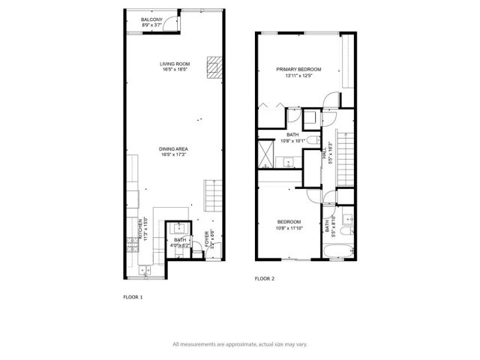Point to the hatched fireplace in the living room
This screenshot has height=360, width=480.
coord(215,69)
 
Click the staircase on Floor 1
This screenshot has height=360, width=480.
coord(213,196)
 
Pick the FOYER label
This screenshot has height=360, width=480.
coord(207,239)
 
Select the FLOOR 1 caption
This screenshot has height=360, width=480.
coord(133,297)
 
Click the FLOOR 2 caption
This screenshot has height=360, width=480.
coord(265,278)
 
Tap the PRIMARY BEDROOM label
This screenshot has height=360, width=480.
coord(298,70)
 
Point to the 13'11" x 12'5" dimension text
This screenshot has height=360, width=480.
coord(298,76)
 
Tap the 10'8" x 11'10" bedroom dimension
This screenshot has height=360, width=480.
coord(289,228)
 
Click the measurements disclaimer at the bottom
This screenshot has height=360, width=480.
coord(240,344)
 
